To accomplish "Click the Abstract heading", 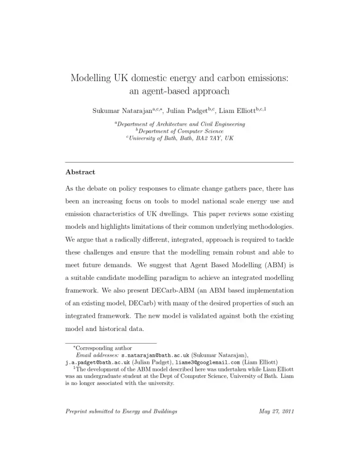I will (x=80, y=172).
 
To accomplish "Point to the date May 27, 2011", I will (x=276, y=412).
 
